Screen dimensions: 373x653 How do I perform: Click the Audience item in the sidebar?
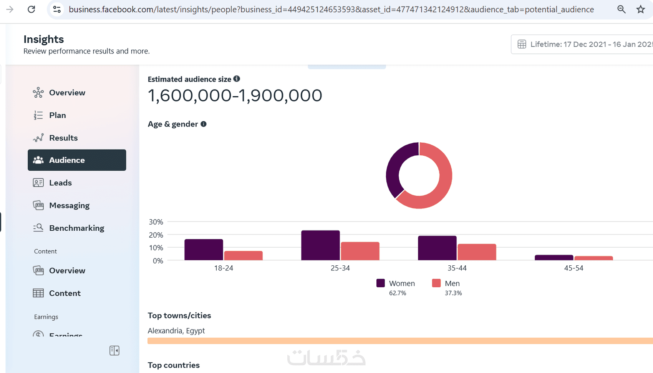coord(76,160)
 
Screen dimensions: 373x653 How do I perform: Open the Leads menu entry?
coord(60,183)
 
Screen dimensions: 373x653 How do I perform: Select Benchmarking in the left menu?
coord(76,228)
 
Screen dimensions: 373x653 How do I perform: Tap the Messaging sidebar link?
coord(69,205)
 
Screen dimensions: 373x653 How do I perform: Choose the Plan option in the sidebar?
coord(57,115)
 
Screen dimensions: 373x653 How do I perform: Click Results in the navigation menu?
coord(63,138)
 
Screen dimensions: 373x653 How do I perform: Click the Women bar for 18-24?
coord(204,250)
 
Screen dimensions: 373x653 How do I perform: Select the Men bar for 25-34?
coord(360,251)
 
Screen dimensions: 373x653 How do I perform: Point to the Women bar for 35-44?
coord(437,248)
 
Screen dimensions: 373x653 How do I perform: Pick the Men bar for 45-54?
coord(593,258)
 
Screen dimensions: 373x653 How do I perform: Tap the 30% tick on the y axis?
coord(156,222)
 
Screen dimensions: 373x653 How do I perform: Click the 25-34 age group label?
coord(340,268)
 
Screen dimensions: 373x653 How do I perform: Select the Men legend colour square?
coord(436,283)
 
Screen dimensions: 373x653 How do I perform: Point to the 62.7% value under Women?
coord(397,293)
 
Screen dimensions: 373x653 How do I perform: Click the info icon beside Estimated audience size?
coord(237,79)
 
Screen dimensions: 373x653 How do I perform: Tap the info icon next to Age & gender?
coord(204,124)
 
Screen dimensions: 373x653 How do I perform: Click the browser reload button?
coord(31,9)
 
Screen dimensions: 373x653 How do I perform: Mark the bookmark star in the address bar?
coord(640,9)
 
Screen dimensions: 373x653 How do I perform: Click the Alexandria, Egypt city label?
coord(176,331)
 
